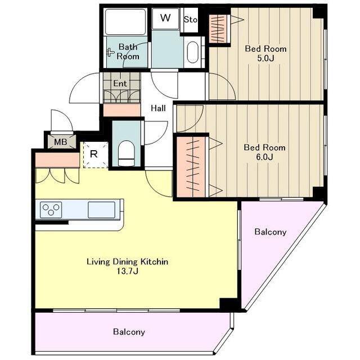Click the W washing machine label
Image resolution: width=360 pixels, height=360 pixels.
point(165,18)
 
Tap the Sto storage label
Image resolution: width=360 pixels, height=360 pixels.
point(191,20)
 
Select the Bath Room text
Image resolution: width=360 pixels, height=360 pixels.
point(128,52)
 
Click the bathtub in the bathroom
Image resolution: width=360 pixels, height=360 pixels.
point(125,21)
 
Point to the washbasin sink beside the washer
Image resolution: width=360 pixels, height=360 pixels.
point(192,52)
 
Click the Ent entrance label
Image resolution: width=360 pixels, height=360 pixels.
point(120,83)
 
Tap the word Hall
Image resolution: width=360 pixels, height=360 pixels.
point(158,108)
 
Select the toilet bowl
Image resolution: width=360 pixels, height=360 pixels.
point(126,153)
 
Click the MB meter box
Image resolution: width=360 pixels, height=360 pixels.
point(61,142)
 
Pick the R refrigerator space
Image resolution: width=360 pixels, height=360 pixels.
point(95,155)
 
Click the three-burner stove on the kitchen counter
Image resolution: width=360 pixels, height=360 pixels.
point(51,210)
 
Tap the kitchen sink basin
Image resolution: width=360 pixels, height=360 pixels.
point(101,210)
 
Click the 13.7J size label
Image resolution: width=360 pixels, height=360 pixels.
point(128,271)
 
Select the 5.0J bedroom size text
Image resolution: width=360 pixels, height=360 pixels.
point(265,58)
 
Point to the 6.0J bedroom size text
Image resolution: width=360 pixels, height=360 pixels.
point(264,157)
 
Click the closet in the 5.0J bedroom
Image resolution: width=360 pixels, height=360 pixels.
point(219,29)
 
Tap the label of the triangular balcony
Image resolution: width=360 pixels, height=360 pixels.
point(270,232)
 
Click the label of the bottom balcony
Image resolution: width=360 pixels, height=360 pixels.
point(129,332)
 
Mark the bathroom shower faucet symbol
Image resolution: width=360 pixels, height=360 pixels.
point(110,52)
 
